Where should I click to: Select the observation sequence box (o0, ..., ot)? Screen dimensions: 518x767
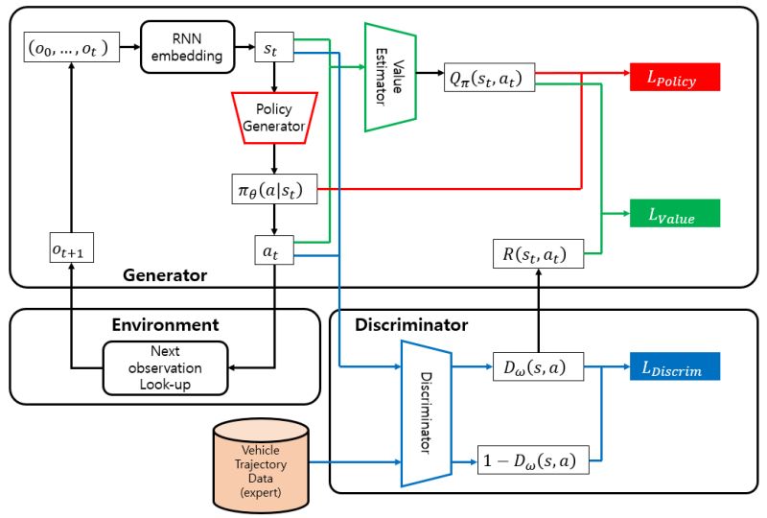tap(71, 47)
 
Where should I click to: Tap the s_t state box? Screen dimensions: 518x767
tap(272, 47)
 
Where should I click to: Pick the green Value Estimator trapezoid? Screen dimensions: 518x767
tap(389, 77)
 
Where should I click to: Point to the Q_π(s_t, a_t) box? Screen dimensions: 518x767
tap(489, 77)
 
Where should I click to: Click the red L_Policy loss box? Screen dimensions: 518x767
tap(674, 77)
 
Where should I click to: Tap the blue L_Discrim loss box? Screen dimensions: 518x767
tap(674, 365)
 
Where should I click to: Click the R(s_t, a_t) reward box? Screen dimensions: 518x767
tap(535, 253)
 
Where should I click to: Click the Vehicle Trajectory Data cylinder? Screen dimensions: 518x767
tap(258, 464)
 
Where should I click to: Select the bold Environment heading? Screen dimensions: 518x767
tap(165, 326)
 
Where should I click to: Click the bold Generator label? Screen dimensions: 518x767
tap(165, 275)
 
